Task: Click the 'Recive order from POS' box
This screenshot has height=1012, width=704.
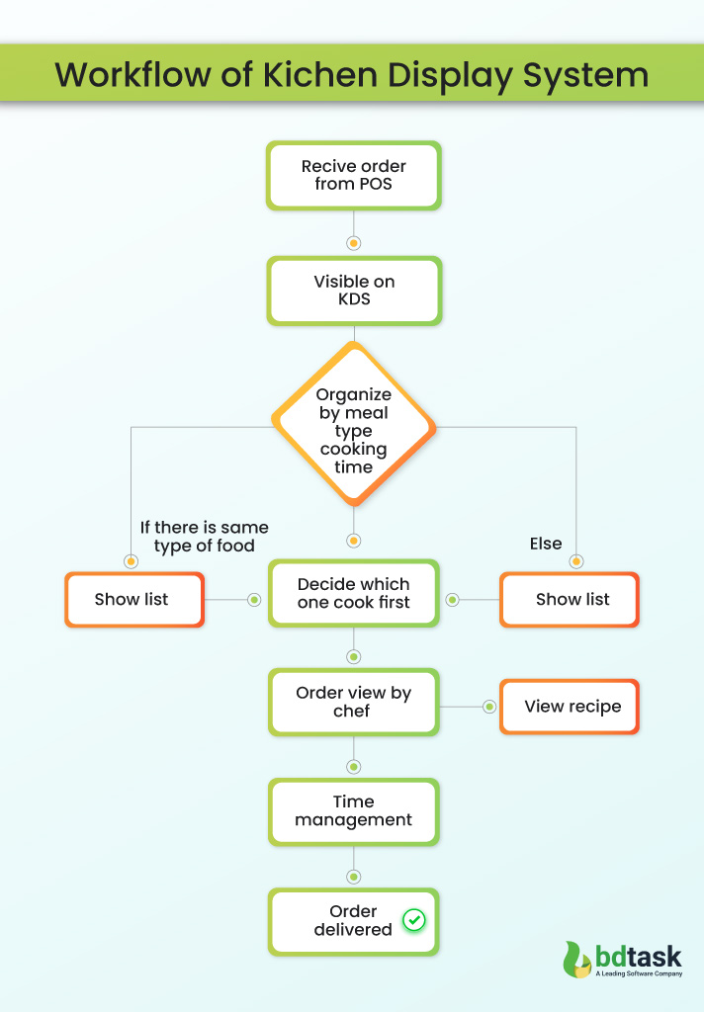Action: (353, 175)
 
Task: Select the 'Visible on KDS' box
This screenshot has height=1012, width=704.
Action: (353, 291)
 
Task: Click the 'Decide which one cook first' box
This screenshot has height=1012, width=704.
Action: (353, 593)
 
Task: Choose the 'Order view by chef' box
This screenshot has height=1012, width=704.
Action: (353, 702)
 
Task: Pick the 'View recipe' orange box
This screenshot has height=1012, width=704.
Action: (570, 706)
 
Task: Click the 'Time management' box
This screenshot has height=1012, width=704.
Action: (353, 810)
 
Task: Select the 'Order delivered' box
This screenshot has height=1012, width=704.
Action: (353, 920)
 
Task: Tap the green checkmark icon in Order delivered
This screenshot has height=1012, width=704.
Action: (414, 920)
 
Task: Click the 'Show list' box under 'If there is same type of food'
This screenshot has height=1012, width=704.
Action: (133, 599)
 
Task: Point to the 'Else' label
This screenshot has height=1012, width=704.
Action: (545, 544)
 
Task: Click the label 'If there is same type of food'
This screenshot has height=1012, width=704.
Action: (204, 537)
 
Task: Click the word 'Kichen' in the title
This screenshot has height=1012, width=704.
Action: (319, 75)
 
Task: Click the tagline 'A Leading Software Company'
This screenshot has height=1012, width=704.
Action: (639, 974)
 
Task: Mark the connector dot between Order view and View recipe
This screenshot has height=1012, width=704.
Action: (489, 707)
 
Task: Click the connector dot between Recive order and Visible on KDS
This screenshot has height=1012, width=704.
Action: (353, 242)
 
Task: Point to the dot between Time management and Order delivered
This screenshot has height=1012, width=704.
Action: (353, 877)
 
